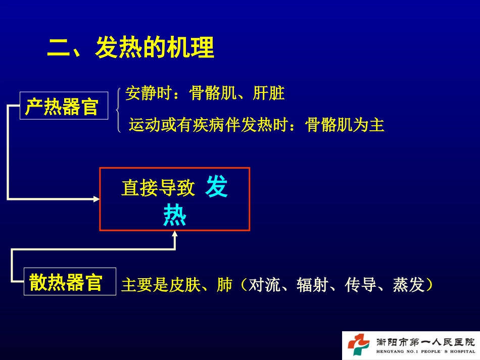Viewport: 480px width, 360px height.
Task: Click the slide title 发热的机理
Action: tap(155, 47)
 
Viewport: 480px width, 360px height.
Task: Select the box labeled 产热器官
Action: tap(64, 106)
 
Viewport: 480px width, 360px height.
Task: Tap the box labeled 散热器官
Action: tap(70, 281)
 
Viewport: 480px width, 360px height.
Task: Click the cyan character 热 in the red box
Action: tap(175, 215)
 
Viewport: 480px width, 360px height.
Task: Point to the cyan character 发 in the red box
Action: tap(216, 186)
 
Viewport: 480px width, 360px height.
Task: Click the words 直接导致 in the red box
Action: tap(158, 187)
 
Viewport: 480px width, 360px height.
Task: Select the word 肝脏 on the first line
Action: tap(269, 93)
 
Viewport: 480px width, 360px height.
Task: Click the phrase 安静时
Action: tap(148, 93)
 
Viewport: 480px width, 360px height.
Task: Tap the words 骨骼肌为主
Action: tap(345, 125)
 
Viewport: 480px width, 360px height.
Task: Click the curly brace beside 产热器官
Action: tap(118, 110)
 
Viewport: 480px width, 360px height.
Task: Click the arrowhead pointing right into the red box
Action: tap(97, 199)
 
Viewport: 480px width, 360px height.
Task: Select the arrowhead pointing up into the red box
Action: tap(175, 234)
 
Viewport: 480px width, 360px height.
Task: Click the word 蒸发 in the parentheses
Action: tap(408, 285)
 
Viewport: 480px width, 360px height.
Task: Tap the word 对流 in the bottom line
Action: tap(264, 285)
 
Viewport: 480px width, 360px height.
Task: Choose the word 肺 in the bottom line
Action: tap(224, 285)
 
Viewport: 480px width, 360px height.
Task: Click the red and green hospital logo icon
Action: tap(358, 345)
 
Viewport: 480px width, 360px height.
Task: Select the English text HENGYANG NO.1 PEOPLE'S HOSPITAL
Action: tap(426, 351)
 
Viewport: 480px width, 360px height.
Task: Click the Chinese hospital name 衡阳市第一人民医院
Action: tap(426, 342)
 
